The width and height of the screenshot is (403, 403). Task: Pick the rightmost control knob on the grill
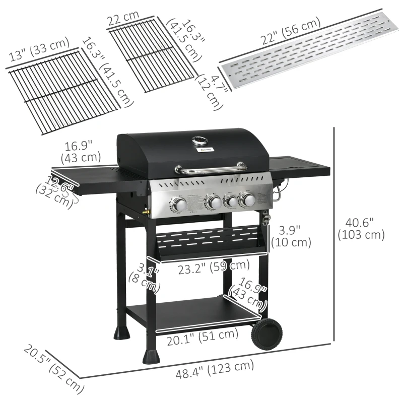(x=248, y=200)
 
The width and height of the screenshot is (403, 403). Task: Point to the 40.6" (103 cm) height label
(x=361, y=228)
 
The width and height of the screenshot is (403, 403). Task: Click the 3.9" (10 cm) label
(x=291, y=236)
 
